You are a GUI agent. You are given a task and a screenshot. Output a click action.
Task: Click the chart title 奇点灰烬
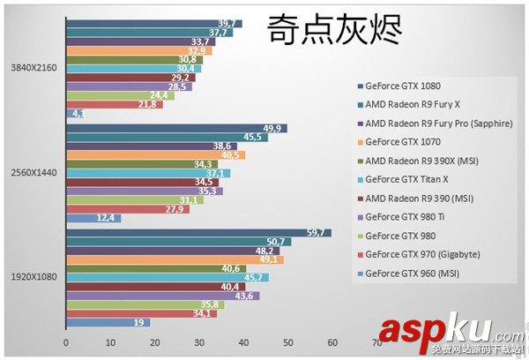click(335, 29)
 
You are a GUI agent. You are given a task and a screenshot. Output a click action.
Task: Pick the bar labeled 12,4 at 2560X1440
click(93, 218)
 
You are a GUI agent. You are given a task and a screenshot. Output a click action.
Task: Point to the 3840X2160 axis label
click(32, 67)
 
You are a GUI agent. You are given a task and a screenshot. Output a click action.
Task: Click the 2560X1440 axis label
click(32, 172)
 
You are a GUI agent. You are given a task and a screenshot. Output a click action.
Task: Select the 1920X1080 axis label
click(32, 276)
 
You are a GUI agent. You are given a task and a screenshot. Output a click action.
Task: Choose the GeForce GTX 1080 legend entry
click(400, 86)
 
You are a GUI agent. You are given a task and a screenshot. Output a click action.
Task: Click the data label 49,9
click(272, 129)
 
